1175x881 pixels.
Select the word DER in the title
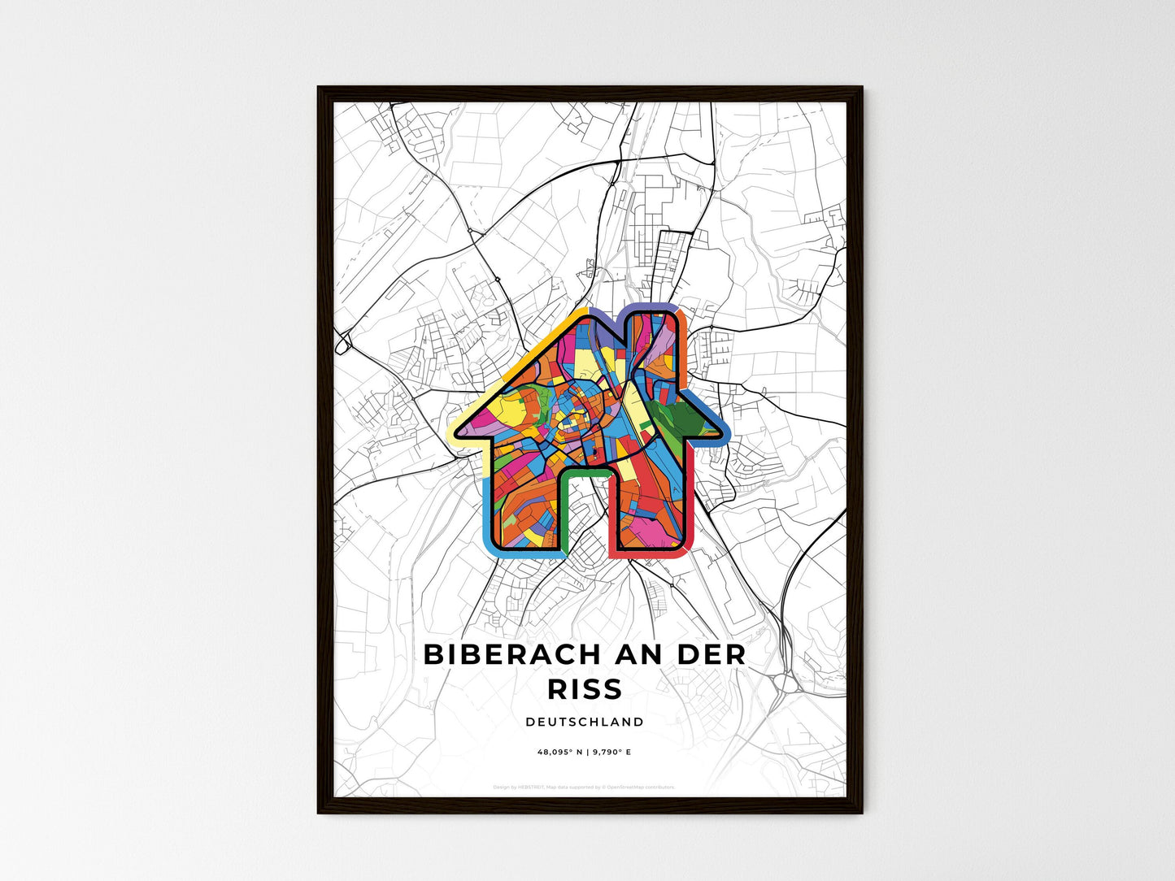pos(703,655)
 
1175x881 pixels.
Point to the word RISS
pos(585,689)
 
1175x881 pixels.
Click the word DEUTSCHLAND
pos(585,722)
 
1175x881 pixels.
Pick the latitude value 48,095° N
pos(560,753)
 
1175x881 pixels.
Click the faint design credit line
pos(584,787)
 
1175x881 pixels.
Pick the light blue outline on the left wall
pos(489,512)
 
